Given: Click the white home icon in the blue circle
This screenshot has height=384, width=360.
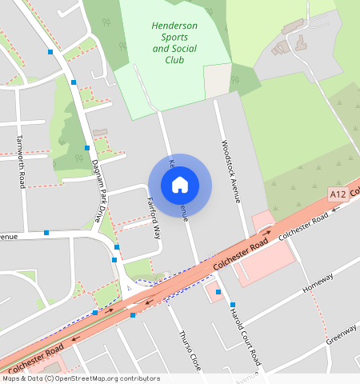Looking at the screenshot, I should (x=180, y=185).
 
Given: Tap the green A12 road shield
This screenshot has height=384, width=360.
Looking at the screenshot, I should (x=338, y=194).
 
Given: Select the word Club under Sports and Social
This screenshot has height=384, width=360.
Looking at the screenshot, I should (x=174, y=59).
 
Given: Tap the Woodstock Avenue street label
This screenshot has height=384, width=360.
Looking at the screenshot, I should (x=230, y=172).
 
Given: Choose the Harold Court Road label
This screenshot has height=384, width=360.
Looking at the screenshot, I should (x=245, y=336).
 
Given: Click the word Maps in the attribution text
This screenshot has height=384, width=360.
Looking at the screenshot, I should (x=12, y=378).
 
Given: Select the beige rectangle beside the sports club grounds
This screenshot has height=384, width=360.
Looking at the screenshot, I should (x=217, y=81).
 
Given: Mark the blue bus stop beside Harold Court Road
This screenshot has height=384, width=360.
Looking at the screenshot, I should (x=231, y=305).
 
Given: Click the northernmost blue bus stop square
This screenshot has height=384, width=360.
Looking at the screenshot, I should (x=50, y=51).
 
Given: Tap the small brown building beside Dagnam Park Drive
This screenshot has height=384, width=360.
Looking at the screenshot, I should (x=99, y=130).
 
